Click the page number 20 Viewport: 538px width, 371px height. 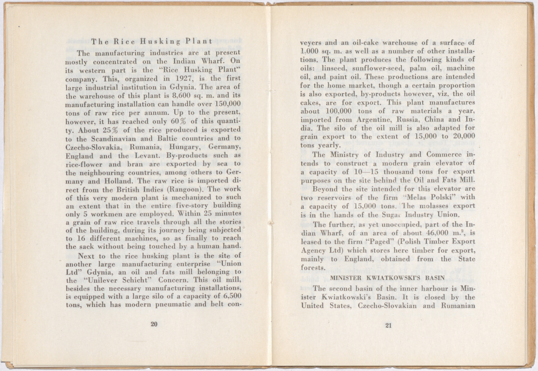click(154, 324)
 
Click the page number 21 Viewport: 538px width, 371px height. click(389, 326)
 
